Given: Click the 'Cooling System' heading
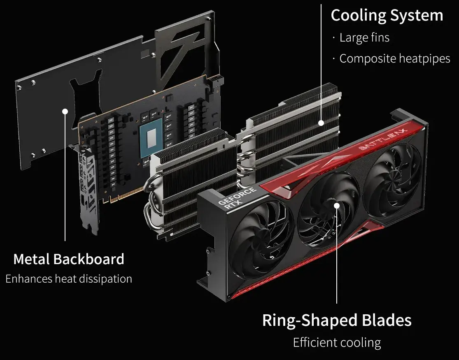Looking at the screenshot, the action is (387, 16).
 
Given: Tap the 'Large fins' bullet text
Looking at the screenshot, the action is (364, 38).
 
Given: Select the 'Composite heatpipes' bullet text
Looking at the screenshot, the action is (395, 58).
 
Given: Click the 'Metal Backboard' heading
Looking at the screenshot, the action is (69, 259).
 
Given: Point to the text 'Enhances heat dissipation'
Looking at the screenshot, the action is (69, 279).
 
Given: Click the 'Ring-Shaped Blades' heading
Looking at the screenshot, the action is (337, 320).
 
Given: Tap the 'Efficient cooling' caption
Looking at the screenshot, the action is (337, 342).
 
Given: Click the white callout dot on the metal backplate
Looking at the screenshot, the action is (65, 111).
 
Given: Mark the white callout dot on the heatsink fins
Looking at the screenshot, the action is (321, 123).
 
